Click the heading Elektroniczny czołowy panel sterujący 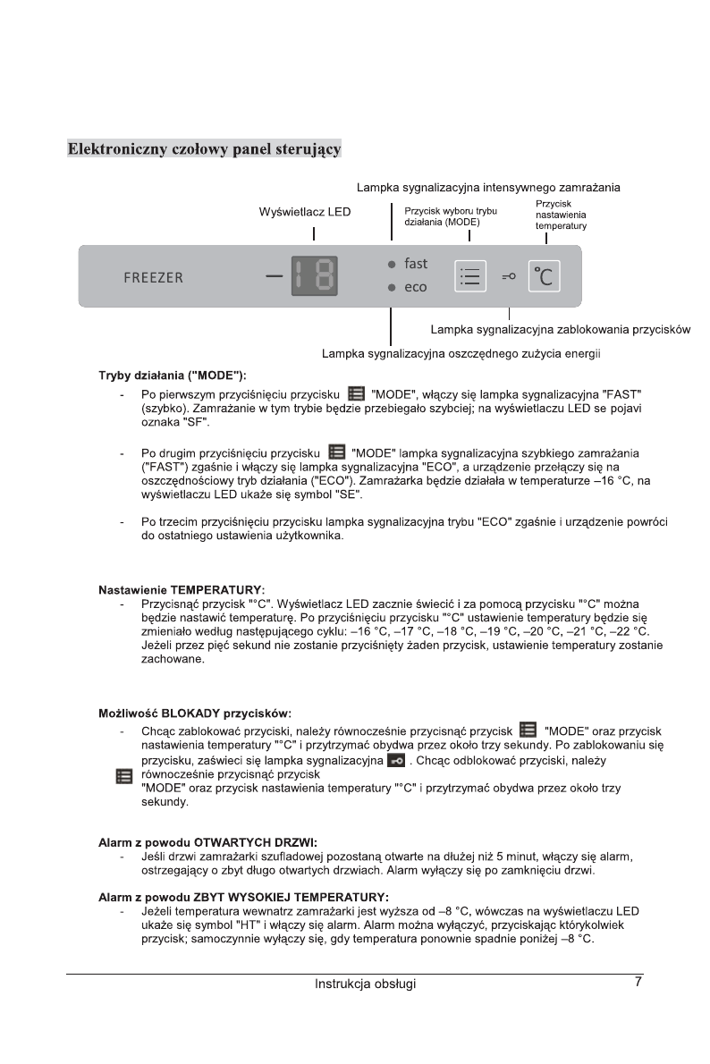205,148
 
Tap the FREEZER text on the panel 153,277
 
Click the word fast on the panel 416,264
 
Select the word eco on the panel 416,288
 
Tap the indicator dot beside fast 392,265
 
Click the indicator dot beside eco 392,288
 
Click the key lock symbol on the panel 509,277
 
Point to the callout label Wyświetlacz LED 304,212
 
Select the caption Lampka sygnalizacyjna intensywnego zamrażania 488,188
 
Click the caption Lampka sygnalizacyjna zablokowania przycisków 560,330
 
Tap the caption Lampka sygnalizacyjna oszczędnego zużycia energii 461,354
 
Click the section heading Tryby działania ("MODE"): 172,375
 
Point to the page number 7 638,982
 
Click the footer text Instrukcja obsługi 365,984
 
